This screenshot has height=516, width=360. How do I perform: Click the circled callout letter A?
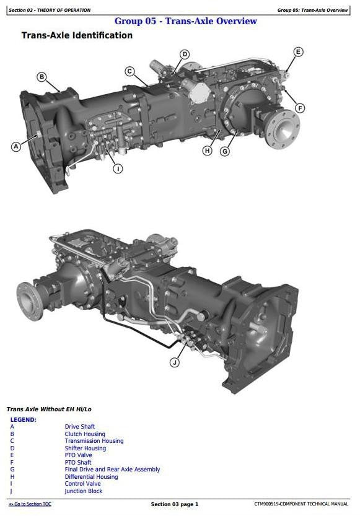[16, 147]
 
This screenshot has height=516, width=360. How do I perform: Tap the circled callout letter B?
[42, 77]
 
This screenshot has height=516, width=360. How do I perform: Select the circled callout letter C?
[130, 71]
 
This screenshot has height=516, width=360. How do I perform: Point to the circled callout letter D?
[185, 55]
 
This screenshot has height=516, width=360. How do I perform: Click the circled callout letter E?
[298, 51]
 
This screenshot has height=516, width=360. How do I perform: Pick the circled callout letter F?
[300, 108]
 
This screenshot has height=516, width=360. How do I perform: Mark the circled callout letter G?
[225, 151]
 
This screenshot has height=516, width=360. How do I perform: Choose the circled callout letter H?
[207, 151]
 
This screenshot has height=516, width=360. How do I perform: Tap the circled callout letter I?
[118, 168]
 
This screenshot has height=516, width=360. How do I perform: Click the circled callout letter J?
[175, 362]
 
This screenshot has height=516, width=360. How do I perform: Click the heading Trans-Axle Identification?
[77, 36]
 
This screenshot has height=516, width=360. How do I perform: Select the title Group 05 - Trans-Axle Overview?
[185, 21]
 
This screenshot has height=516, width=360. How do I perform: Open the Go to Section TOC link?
[30, 504]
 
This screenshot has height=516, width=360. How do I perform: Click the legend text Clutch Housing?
[85, 434]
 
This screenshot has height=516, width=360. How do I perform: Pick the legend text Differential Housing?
[91, 477]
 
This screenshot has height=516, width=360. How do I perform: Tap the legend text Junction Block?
[84, 491]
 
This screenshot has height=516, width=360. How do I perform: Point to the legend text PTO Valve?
[79, 455]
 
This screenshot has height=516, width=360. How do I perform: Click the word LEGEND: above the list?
[23, 420]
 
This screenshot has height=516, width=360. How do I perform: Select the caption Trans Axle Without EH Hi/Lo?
[49, 409]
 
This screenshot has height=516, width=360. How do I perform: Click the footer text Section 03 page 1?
[175, 504]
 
